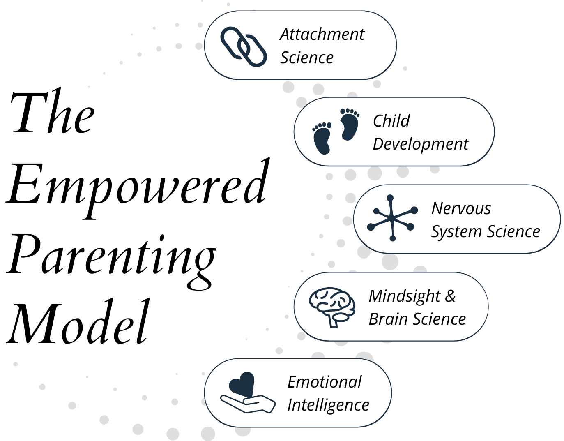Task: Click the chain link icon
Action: pyautogui.click(x=243, y=46)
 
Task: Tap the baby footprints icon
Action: pyautogui.click(x=336, y=131)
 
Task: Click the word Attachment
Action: pyautogui.click(x=322, y=35)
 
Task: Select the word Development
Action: pyautogui.click(x=420, y=144)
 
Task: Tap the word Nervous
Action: pyautogui.click(x=461, y=209)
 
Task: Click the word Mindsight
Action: pyautogui.click(x=404, y=296)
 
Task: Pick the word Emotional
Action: pyautogui.click(x=324, y=382)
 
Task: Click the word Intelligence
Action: pyautogui.click(x=328, y=405)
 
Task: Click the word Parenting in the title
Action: pyautogui.click(x=111, y=257)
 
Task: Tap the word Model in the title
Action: pyautogui.click(x=78, y=323)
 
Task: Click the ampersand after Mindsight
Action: pyautogui.click(x=450, y=296)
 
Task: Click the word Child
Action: pyautogui.click(x=391, y=121)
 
